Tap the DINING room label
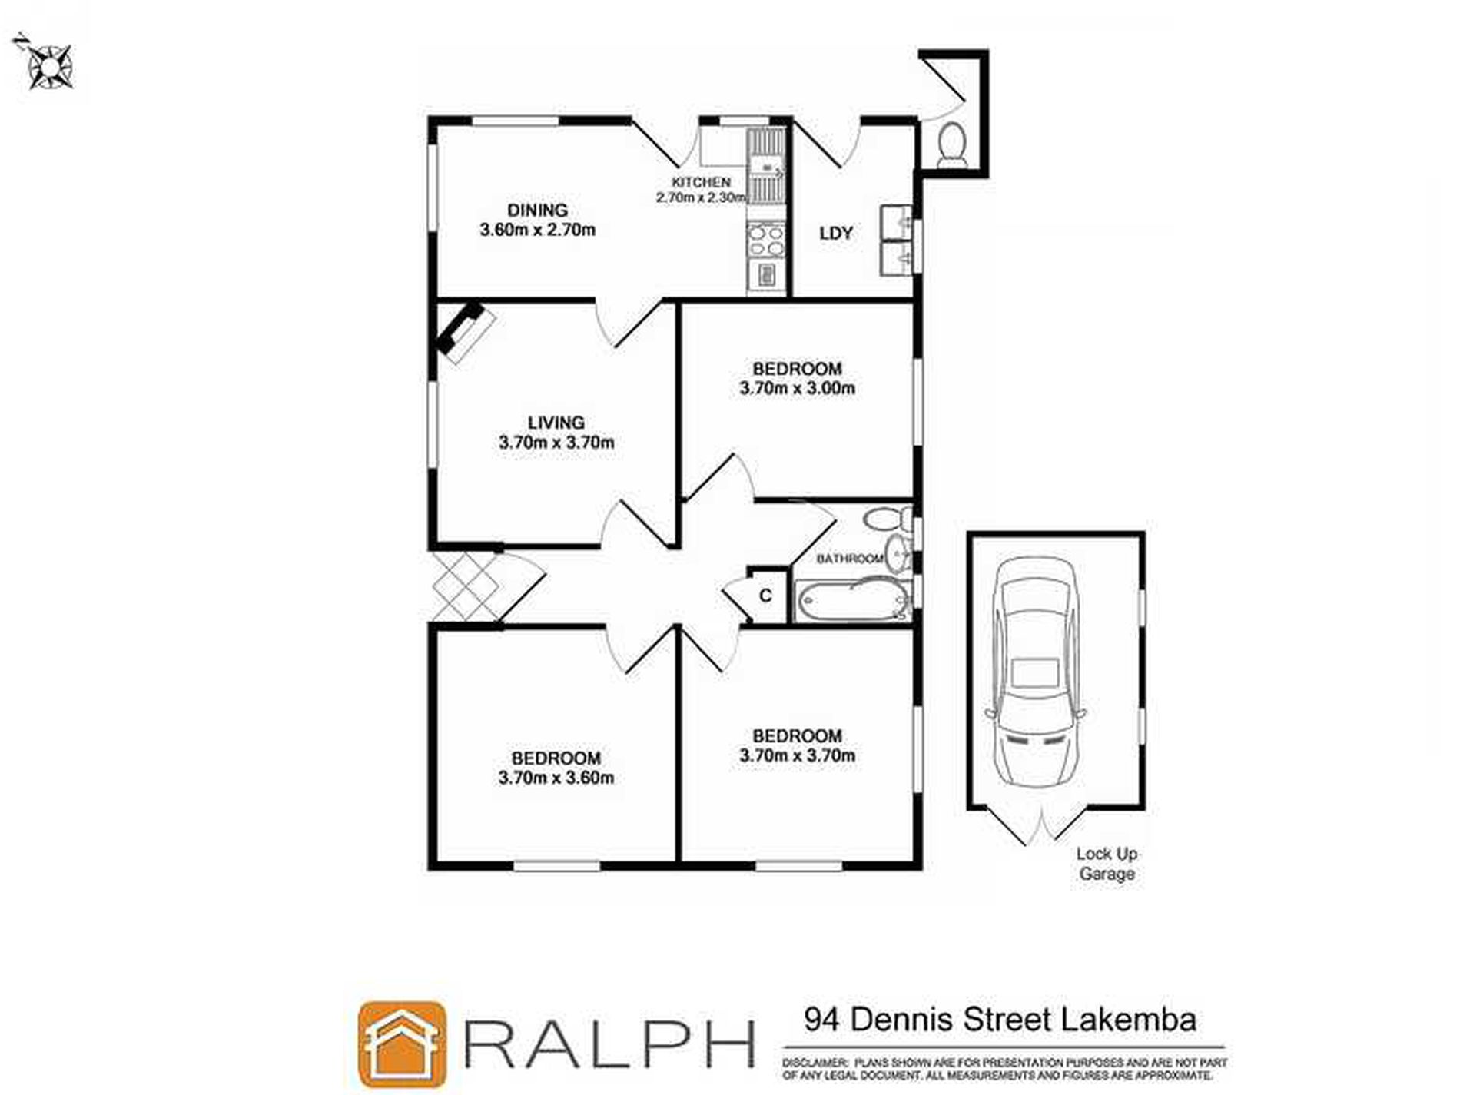[x=537, y=220]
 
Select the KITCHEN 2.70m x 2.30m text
[x=700, y=190]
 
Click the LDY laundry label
[x=835, y=234]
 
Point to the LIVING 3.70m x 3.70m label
[x=556, y=433]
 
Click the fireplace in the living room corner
[x=463, y=331]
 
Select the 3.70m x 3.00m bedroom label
[x=797, y=379]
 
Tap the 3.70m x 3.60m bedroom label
[x=556, y=768]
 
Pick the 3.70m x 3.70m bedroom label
[x=797, y=745]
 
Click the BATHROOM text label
[x=849, y=559]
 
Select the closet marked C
[x=765, y=596]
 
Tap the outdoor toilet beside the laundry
[x=953, y=144]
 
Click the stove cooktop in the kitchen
[x=766, y=239]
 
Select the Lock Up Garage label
[x=1107, y=864]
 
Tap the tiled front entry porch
[x=466, y=586]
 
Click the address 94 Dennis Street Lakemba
[x=1000, y=1020]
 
